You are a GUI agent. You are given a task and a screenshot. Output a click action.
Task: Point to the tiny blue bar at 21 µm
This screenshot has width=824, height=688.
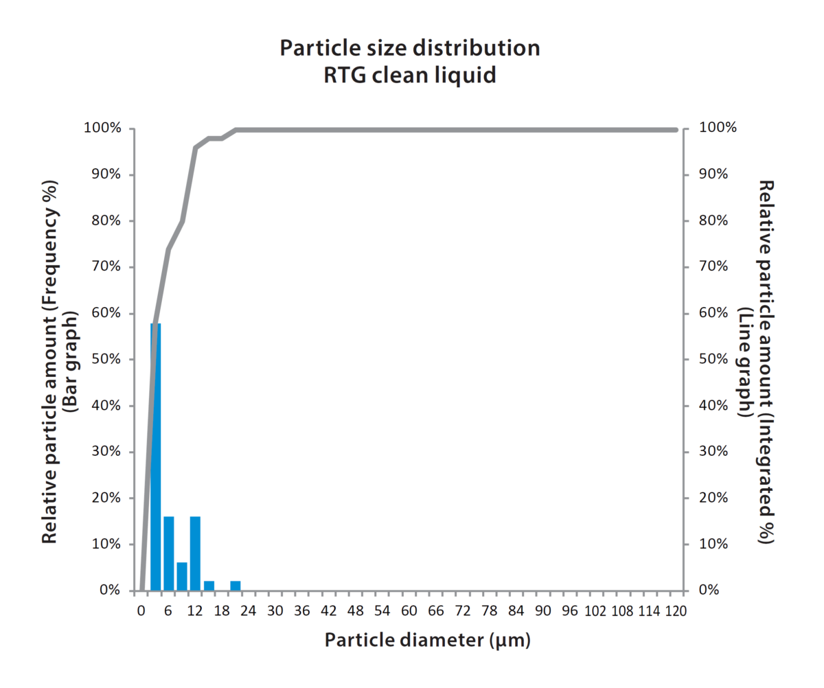click(x=236, y=586)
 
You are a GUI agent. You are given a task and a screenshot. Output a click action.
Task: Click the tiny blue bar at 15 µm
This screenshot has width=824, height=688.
click(x=209, y=586)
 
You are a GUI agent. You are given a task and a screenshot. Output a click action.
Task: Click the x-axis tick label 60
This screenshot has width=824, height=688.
click(x=409, y=611)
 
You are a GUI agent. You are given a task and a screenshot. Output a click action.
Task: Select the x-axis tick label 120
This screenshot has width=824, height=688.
click(x=676, y=611)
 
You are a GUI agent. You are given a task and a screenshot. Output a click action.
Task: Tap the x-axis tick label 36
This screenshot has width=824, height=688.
click(x=302, y=611)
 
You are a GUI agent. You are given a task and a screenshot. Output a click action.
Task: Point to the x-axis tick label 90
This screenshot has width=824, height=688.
click(x=542, y=611)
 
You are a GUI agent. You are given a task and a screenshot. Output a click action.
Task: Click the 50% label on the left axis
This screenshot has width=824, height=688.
click(x=105, y=359)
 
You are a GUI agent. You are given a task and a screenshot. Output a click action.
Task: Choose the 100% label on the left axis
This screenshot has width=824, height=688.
click(x=102, y=128)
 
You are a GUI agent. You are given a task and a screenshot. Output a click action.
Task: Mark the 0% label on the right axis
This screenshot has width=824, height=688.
click(x=710, y=590)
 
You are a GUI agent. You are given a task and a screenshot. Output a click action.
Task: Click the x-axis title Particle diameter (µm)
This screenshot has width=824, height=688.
click(x=428, y=641)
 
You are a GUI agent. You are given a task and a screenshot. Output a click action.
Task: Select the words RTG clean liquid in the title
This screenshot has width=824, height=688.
click(x=410, y=74)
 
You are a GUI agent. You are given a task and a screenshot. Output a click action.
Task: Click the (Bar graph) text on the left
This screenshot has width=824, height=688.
click(x=70, y=360)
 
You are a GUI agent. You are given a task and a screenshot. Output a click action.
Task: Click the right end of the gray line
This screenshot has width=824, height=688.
click(x=676, y=130)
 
